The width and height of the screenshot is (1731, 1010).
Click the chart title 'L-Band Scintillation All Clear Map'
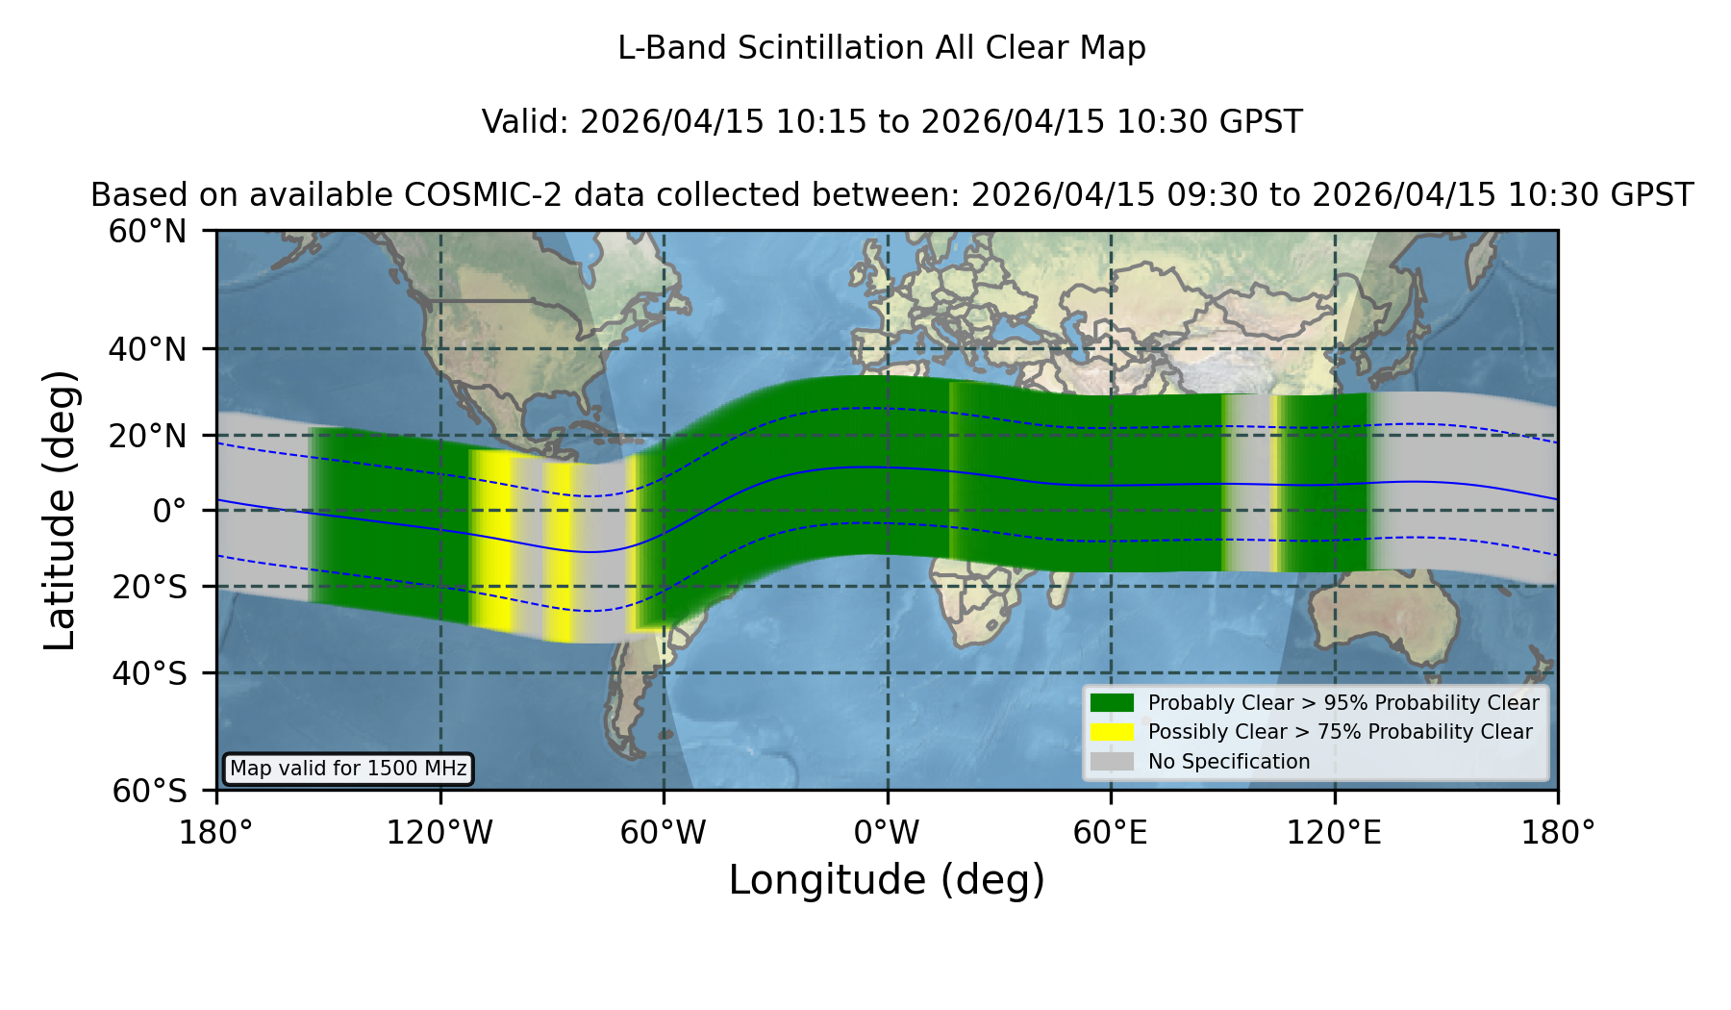click(881, 48)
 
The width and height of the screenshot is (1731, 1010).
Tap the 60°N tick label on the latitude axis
click(147, 232)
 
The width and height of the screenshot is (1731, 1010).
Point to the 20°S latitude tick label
click(149, 587)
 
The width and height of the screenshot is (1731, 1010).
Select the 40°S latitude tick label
click(149, 673)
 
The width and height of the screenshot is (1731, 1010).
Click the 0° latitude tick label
click(169, 511)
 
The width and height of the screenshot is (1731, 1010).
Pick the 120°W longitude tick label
click(439, 833)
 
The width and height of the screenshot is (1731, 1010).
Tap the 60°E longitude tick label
click(1111, 833)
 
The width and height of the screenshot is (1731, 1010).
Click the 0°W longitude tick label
click(887, 833)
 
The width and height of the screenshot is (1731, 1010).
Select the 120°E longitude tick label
click(1334, 833)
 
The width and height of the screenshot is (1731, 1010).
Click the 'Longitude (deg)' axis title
click(887, 880)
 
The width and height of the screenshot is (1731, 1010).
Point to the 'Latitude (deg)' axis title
click(60, 510)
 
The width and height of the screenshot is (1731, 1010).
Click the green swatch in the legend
click(1113, 703)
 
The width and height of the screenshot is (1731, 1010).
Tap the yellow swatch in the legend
click(1113, 732)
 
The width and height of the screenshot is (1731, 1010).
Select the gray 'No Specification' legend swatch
click(1113, 762)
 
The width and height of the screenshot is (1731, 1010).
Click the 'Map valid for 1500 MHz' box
click(348, 769)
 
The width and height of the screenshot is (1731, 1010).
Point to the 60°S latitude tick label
click(149, 791)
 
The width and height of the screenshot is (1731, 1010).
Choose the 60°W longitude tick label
click(664, 833)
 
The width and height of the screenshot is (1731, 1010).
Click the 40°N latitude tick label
click(147, 349)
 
